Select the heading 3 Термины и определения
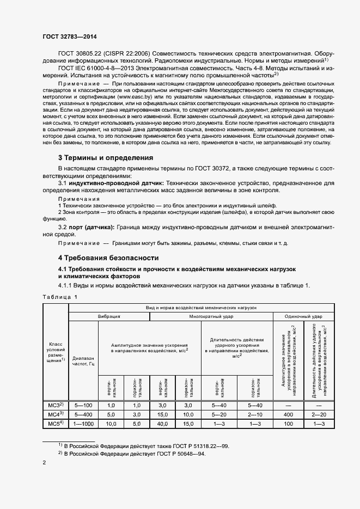[x=106, y=158]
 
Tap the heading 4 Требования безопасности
[x=108, y=257]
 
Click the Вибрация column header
[x=109, y=316]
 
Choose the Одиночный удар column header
[x=303, y=316]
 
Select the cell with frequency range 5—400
[x=83, y=414]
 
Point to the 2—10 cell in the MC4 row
[x=255, y=414]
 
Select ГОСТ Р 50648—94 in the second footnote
[x=177, y=454]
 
